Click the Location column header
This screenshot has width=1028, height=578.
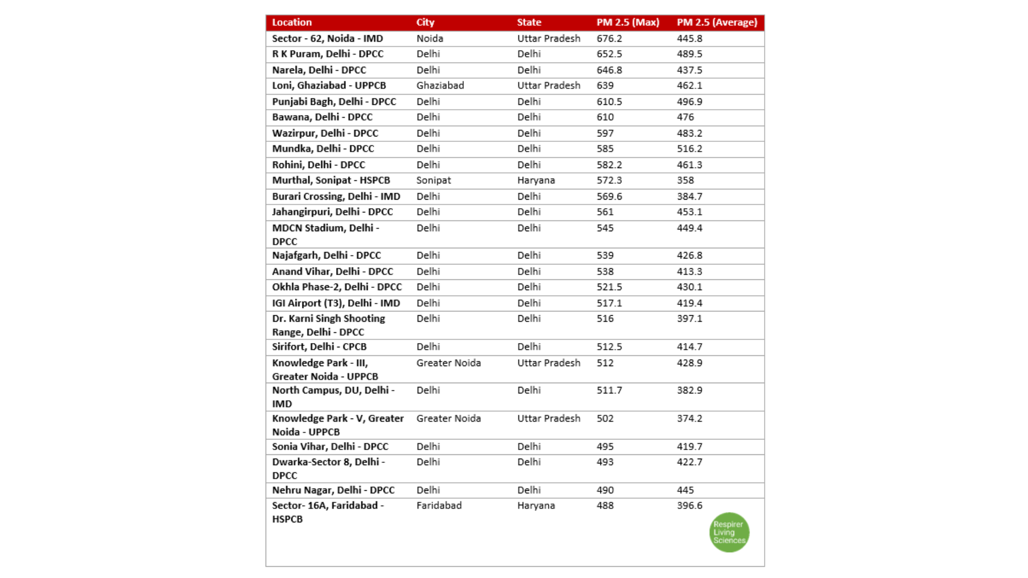(292, 22)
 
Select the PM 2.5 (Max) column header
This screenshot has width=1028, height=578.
(628, 22)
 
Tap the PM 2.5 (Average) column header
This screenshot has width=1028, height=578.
(717, 22)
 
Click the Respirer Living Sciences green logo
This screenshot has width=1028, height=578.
(729, 533)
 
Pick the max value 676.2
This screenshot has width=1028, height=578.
(609, 39)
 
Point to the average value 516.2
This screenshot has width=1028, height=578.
(690, 149)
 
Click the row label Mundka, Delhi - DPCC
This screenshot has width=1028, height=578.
(323, 149)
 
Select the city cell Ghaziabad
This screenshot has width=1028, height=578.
(440, 86)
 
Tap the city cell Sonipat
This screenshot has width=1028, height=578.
(434, 180)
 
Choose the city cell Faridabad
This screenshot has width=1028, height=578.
(439, 506)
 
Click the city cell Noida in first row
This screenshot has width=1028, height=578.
(430, 39)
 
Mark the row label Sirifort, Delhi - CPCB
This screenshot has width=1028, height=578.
(319, 347)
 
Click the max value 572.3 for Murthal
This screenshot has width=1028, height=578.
(609, 180)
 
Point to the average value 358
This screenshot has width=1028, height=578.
(685, 180)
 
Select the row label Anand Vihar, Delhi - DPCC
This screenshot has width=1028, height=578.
(332, 272)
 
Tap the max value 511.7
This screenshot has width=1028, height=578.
(609, 391)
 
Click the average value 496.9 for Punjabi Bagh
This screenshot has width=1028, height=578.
(690, 102)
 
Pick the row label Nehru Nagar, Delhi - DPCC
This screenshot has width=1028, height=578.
(333, 490)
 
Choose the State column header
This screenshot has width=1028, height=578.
(529, 22)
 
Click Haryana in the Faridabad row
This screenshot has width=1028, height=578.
(536, 506)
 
